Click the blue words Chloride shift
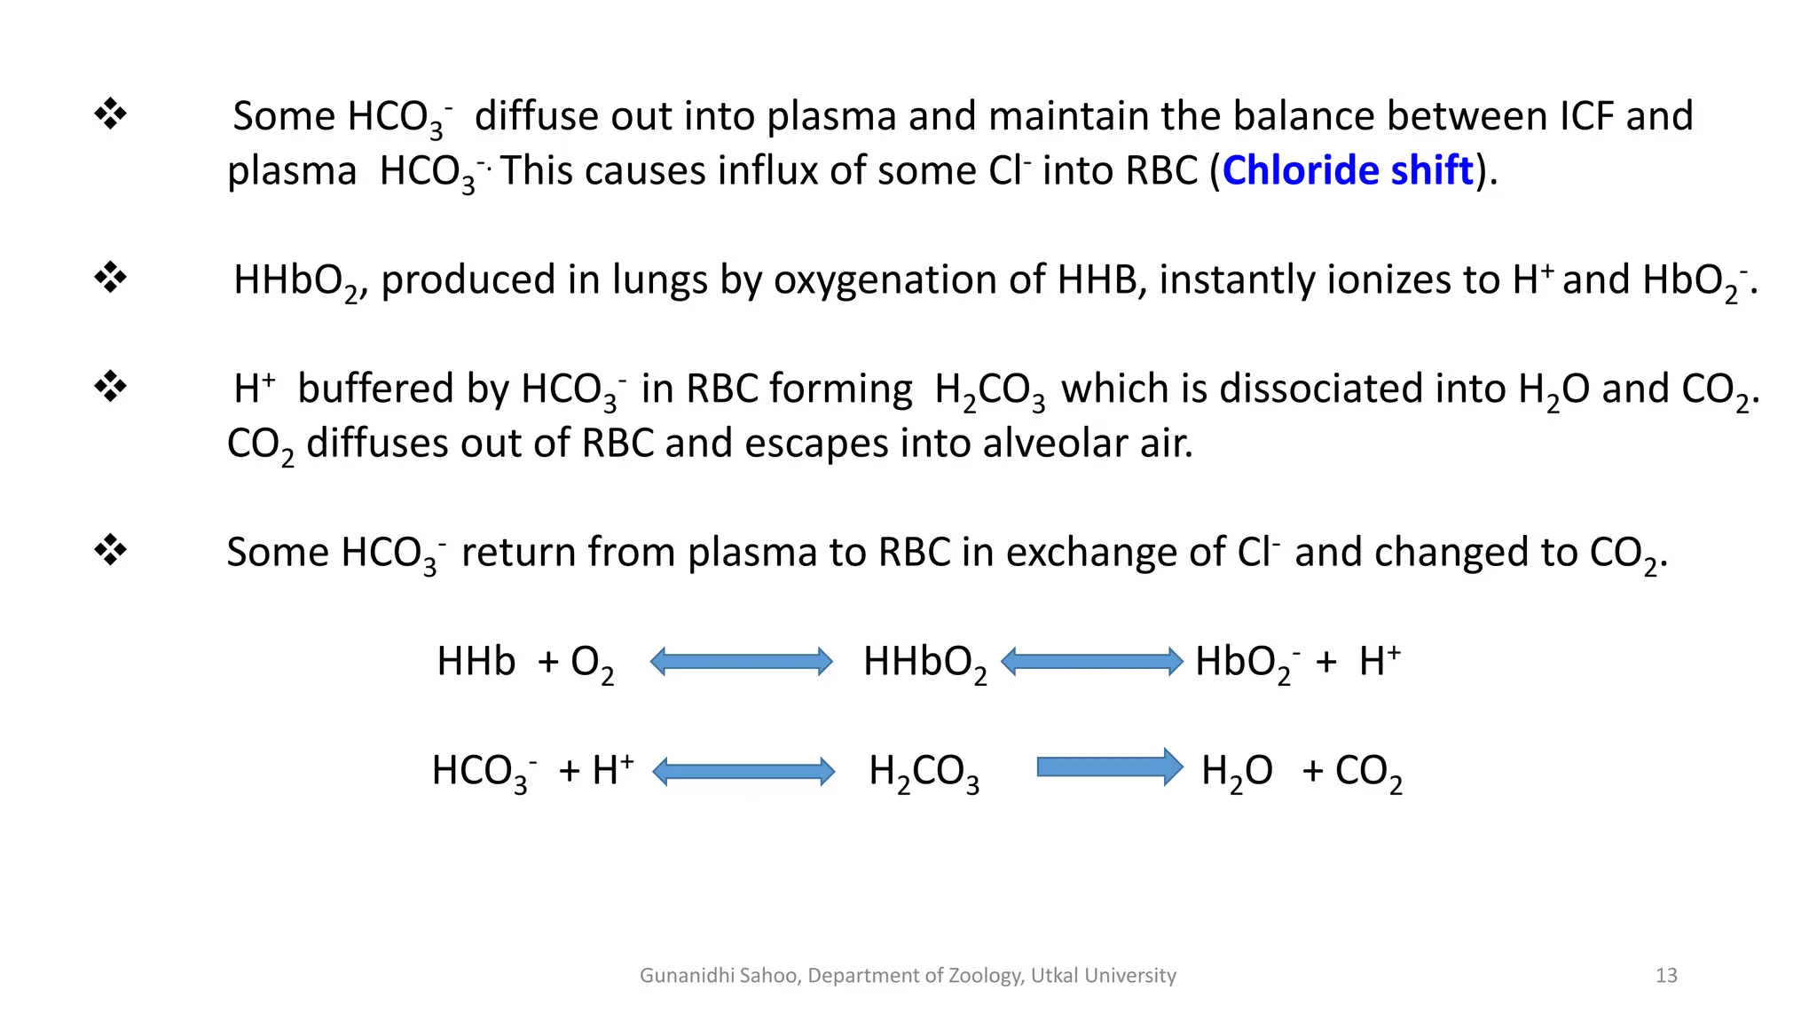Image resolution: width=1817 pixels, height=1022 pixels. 1348,170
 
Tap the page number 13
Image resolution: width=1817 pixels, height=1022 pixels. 1666,976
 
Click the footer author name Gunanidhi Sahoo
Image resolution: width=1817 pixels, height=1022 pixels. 720,976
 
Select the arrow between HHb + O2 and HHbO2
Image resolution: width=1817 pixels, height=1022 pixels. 742,662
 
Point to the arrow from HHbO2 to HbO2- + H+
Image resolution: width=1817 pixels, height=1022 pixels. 1091,662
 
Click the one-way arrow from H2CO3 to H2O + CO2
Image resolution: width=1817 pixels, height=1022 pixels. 1109,767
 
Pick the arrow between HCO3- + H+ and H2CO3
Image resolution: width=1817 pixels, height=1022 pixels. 743,771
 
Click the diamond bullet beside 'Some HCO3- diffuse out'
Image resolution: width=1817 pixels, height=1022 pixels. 111,114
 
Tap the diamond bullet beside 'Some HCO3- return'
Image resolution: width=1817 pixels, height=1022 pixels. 111,549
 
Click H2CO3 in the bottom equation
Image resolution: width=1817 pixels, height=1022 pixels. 924,772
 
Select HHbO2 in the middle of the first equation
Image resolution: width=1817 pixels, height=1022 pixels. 924,663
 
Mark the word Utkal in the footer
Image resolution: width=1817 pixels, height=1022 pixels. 1054,976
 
